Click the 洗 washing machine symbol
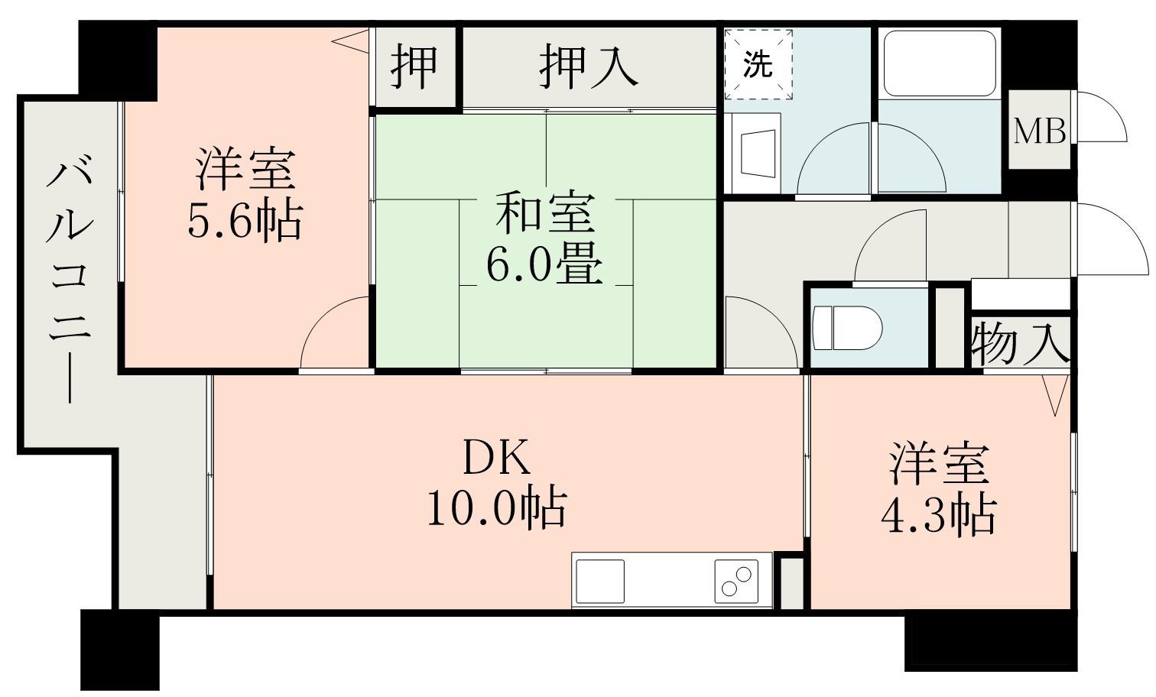[x=758, y=65]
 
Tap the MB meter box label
[x=1040, y=131]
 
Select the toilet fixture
[x=847, y=328]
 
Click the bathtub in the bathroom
[x=940, y=63]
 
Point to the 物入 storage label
[x=1020, y=343]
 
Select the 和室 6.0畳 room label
[x=544, y=238]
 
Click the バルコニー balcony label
[x=69, y=279]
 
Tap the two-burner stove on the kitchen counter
[x=736, y=580]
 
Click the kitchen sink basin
[x=600, y=581]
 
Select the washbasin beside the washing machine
[x=757, y=151]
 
